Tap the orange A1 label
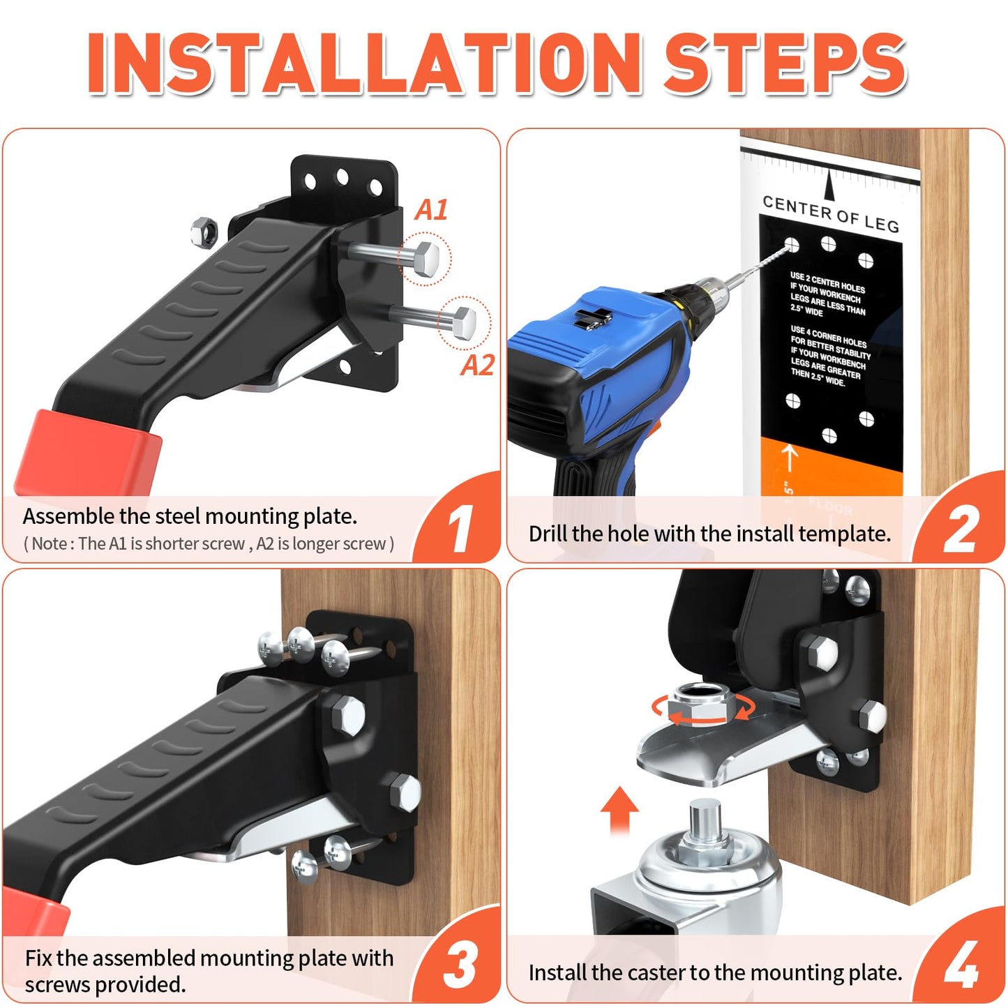(431, 210)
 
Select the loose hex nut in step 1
(204, 232)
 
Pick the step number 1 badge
(461, 529)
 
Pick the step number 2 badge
(961, 529)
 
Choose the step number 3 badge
(461, 965)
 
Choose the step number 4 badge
(962, 965)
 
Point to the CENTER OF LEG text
(830, 213)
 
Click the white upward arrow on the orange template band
(790, 457)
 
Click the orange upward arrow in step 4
(619, 809)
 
